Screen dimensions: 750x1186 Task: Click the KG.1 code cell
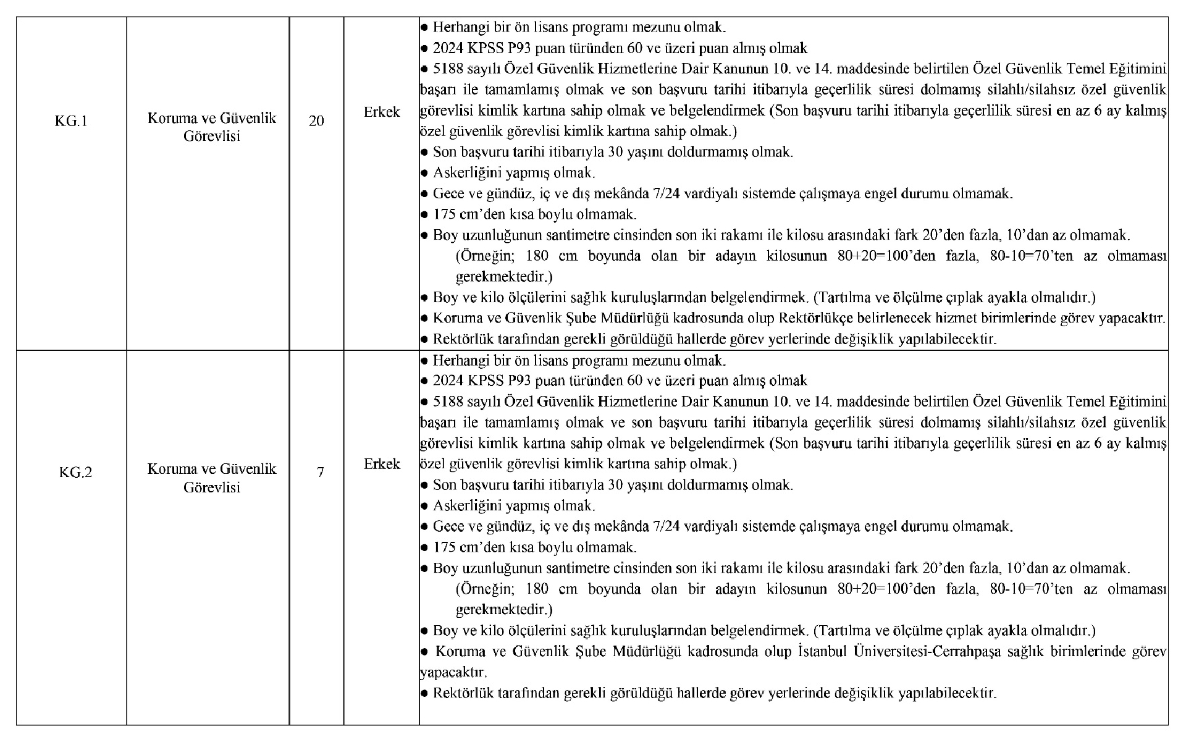(x=71, y=121)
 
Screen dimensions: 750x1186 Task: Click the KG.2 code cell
(x=75, y=473)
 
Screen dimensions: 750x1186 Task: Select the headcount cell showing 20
(x=316, y=121)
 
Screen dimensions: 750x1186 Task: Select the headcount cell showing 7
(x=321, y=473)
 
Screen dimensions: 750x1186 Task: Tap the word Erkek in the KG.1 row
(x=382, y=112)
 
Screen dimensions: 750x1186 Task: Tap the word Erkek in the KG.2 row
(x=382, y=464)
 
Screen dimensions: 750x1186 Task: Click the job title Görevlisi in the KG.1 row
(x=212, y=136)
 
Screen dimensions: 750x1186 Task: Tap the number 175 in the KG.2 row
(x=444, y=547)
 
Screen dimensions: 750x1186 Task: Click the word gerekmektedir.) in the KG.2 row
(x=504, y=610)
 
